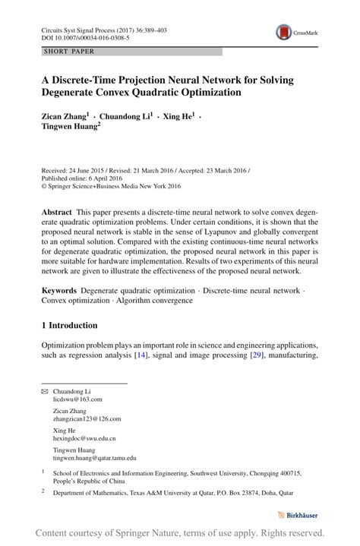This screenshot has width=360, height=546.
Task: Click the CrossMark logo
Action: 297,32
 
